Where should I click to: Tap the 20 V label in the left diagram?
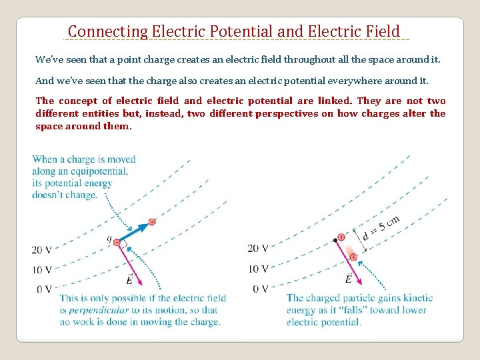pyautogui.click(x=41, y=250)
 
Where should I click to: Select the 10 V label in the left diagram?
pyautogui.click(x=41, y=269)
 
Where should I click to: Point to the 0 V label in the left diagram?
pyautogui.click(x=44, y=289)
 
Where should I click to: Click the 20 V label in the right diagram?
pyautogui.click(x=257, y=248)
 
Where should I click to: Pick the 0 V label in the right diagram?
pyautogui.click(x=260, y=289)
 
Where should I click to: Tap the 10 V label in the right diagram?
pyautogui.click(x=257, y=269)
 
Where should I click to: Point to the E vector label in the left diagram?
pyautogui.click(x=129, y=279)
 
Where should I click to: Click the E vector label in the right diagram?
pyautogui.click(x=349, y=278)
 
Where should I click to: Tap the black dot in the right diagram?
pyautogui.click(x=335, y=240)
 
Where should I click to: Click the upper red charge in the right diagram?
pyautogui.click(x=342, y=237)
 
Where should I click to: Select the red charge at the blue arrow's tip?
pyautogui.click(x=152, y=221)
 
